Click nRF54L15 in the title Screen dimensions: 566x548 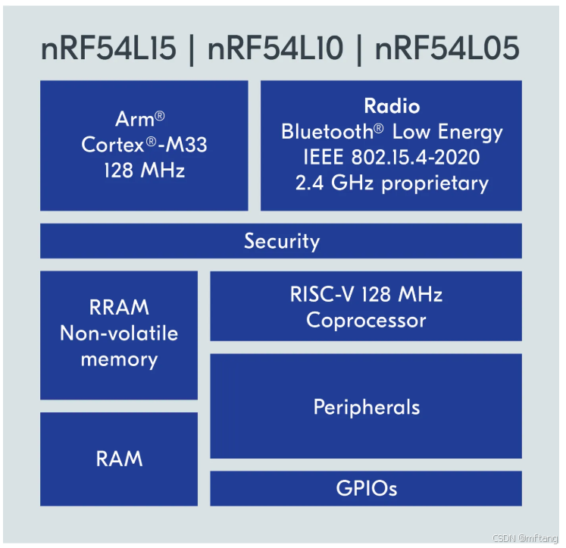click(109, 49)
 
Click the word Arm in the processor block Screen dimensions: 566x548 click(134, 119)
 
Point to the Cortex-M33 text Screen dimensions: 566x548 click(144, 145)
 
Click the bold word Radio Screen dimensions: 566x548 click(392, 105)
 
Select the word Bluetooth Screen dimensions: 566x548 click(327, 131)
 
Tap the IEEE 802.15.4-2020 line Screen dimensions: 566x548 click(391, 157)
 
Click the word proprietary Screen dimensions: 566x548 click(436, 183)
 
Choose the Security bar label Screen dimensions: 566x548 click(281, 241)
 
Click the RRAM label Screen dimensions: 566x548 click(119, 308)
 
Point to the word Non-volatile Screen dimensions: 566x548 click(119, 333)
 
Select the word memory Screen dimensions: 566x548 click(119, 359)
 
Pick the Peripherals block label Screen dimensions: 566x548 click(366, 407)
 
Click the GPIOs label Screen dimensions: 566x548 click(366, 487)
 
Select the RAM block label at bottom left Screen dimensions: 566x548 click(119, 459)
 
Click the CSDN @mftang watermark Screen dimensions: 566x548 click(524, 538)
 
